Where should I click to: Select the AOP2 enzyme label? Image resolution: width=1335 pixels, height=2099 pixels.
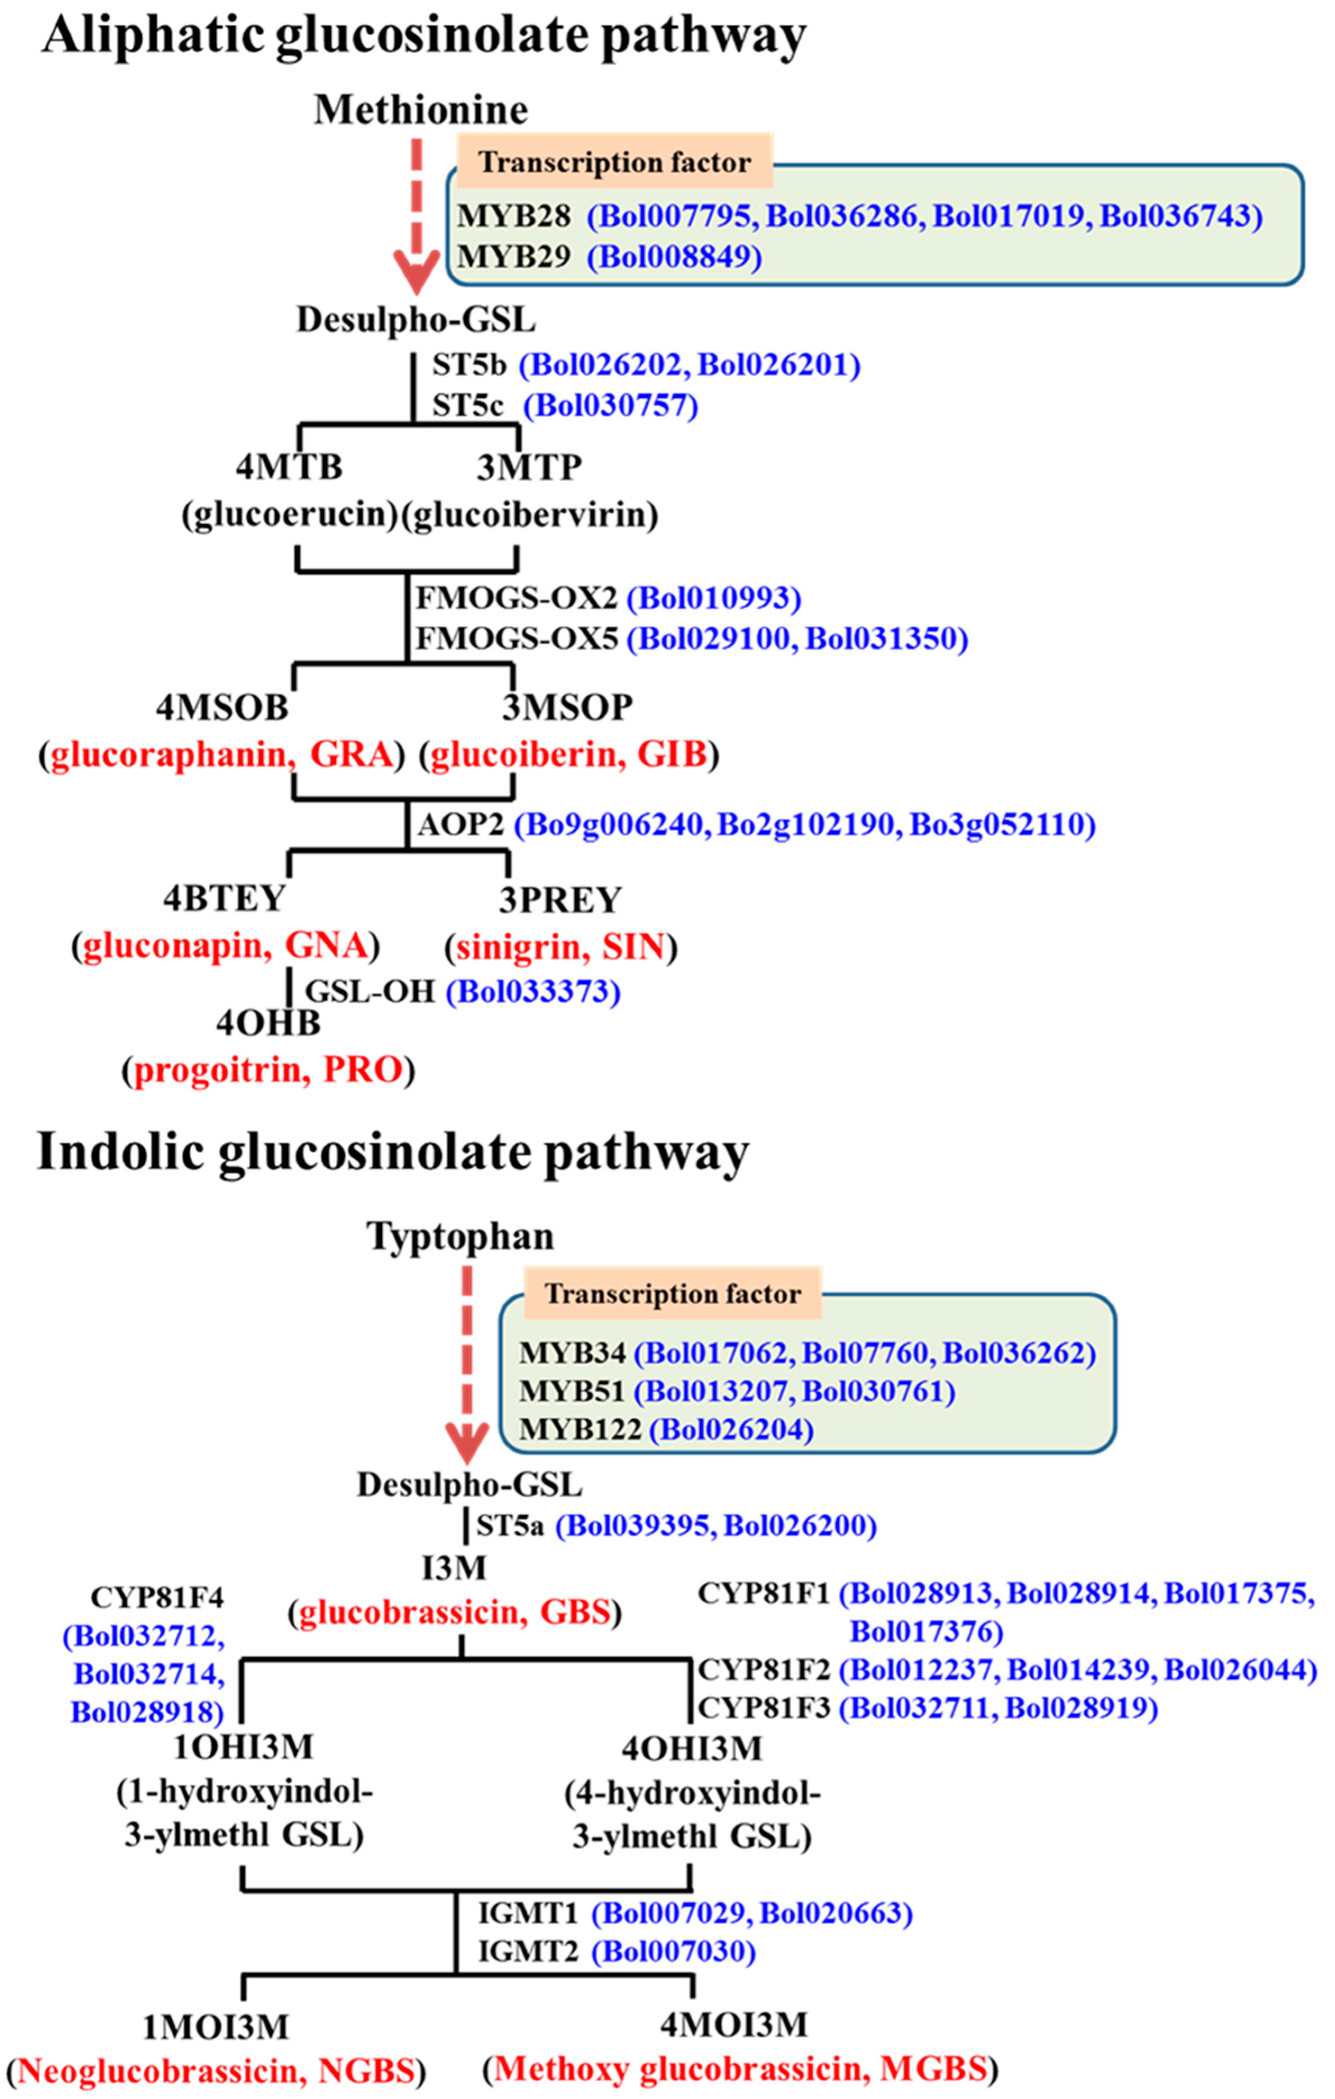click(x=461, y=824)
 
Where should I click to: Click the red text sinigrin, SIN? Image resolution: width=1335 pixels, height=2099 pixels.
click(x=561, y=947)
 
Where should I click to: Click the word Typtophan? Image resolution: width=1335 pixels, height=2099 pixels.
click(x=460, y=1236)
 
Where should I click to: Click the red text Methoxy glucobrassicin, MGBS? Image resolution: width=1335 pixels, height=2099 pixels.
click(x=741, y=2068)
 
